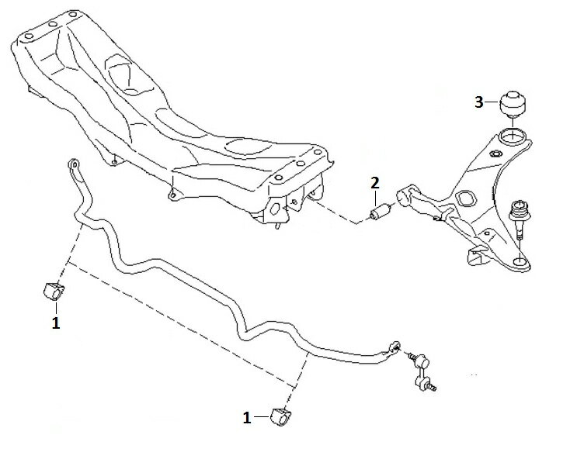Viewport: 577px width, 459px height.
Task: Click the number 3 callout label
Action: pos(479,102)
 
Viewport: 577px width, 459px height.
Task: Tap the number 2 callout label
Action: pos(374,184)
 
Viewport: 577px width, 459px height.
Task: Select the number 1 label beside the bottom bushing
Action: pos(247,417)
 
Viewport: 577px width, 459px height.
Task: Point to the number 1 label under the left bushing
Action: pos(55,323)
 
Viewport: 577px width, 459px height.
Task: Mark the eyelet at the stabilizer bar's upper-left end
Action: pos(72,164)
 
